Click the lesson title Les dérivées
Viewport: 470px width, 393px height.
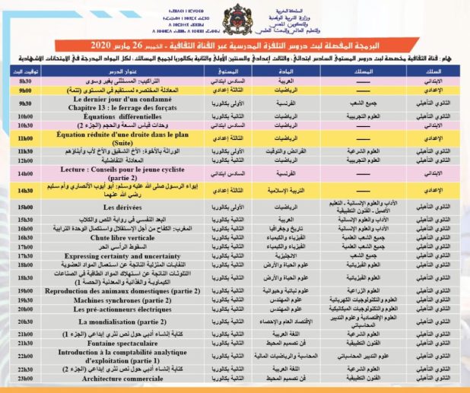(122, 206)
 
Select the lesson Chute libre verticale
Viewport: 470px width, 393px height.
(122, 237)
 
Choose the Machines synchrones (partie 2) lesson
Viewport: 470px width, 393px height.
(122, 280)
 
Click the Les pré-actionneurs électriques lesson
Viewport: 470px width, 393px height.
(122, 289)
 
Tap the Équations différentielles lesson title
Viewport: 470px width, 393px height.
(122, 116)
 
